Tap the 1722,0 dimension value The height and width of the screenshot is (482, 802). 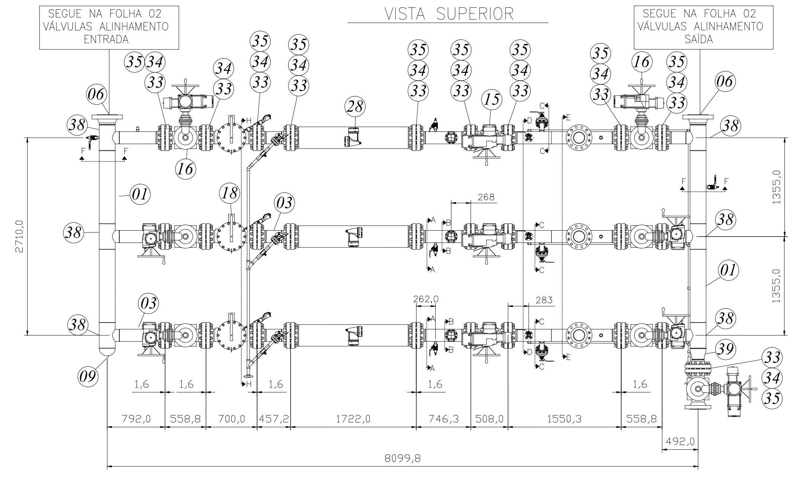pos(353,419)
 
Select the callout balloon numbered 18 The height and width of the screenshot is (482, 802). pos(230,193)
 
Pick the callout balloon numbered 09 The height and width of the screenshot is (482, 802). pos(89,376)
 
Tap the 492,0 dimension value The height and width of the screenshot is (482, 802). pos(680,441)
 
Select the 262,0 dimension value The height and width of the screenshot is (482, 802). pos(426,299)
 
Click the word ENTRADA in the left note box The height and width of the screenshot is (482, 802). pos(106,39)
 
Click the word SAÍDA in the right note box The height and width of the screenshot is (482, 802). pos(699,39)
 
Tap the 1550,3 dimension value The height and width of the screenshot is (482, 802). pos(564,419)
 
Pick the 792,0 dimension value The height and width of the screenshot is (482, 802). pos(136,419)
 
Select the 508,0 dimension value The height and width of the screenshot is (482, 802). pos(490,419)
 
